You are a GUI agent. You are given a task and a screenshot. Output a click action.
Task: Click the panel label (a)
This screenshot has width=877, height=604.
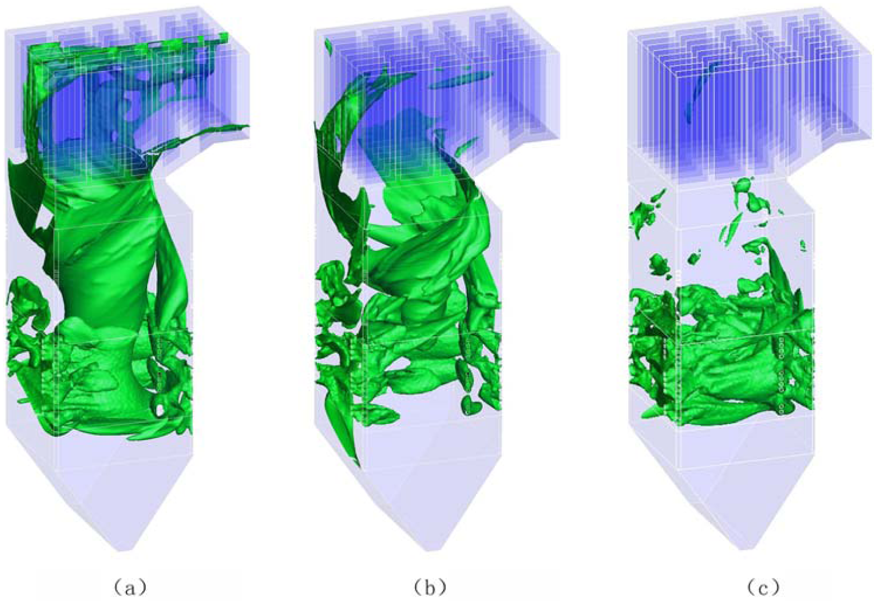130,587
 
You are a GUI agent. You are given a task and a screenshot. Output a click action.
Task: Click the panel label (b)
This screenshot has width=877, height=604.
430,587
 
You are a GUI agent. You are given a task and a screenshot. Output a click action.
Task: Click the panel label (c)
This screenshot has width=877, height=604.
763,587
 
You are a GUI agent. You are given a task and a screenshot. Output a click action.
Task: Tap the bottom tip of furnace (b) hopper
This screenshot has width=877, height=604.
430,551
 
